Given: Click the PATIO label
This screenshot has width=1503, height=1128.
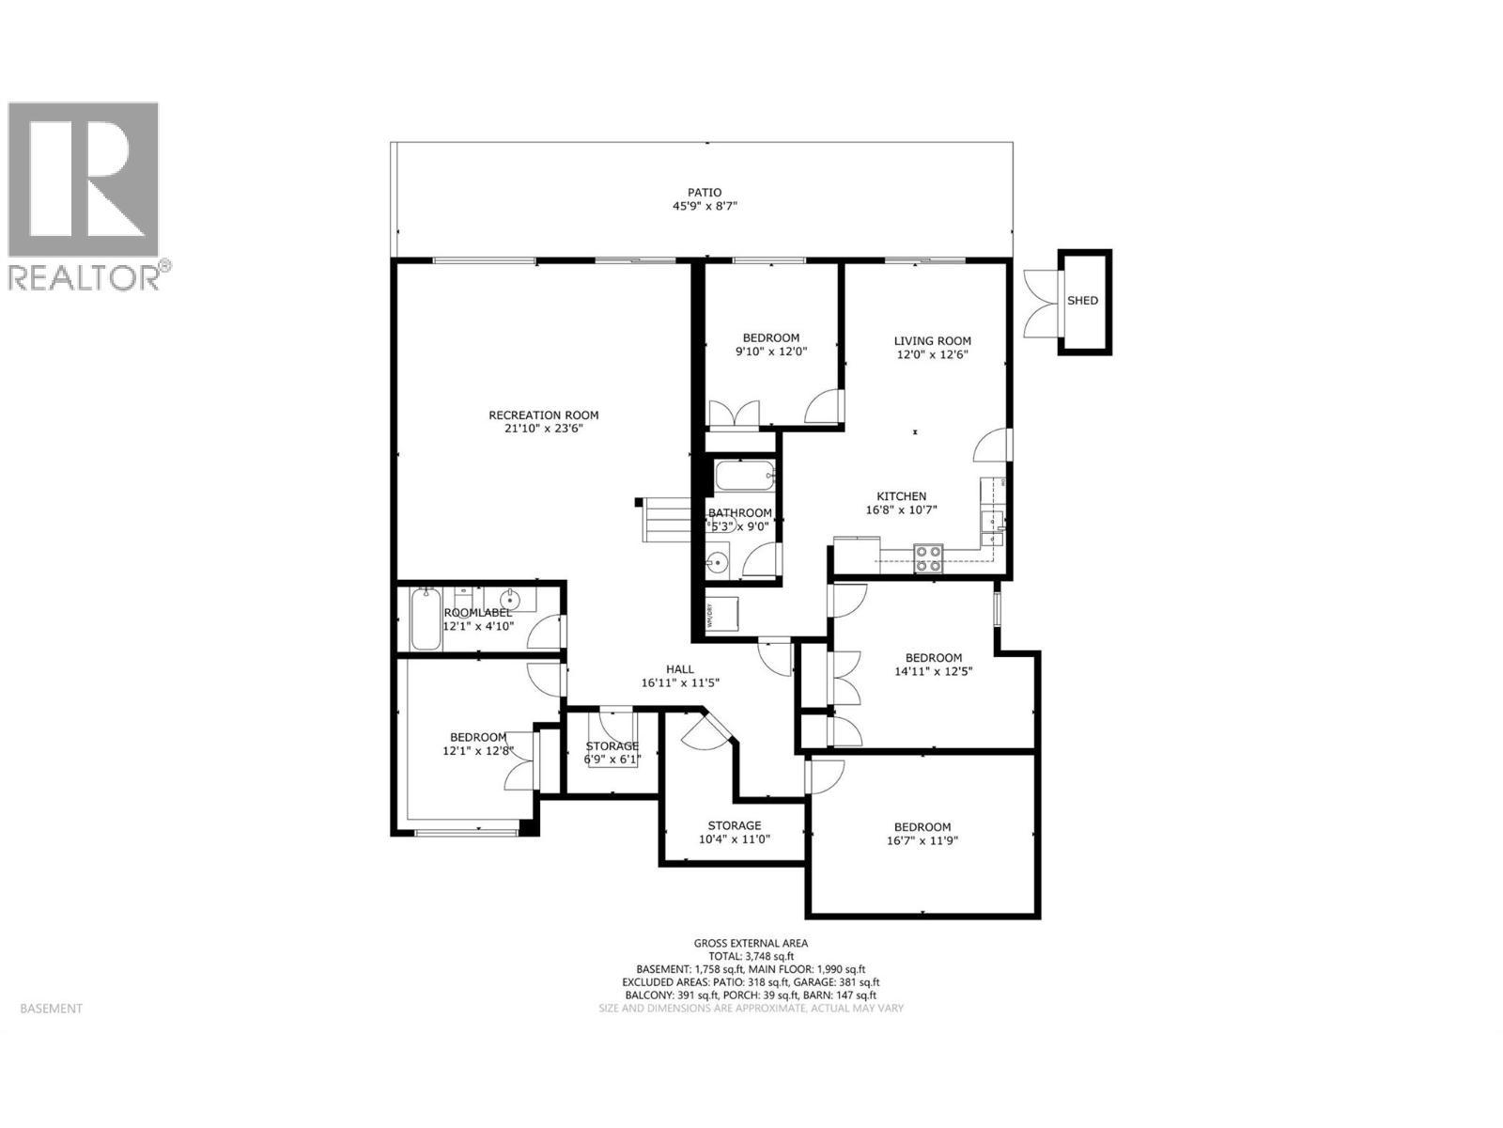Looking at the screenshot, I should (x=704, y=192).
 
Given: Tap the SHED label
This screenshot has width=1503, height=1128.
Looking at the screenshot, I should (x=1082, y=301).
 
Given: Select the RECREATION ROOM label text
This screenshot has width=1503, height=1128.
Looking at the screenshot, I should (x=543, y=415).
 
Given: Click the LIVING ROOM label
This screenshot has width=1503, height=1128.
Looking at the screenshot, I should (x=932, y=341).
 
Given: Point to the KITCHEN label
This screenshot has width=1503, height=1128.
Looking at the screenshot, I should (x=901, y=496).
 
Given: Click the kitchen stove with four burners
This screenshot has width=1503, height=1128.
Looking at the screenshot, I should (x=929, y=559).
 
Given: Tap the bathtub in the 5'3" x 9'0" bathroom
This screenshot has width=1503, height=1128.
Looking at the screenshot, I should (x=745, y=477).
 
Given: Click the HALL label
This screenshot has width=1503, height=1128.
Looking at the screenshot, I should (x=680, y=669).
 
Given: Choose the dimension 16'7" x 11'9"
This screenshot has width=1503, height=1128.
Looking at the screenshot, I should (x=922, y=841).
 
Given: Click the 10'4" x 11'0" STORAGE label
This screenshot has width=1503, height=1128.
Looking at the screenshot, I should (x=734, y=825).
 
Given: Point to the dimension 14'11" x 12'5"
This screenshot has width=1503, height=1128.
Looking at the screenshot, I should (x=933, y=671).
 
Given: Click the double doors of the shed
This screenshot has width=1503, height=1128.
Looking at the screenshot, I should (x=1041, y=301).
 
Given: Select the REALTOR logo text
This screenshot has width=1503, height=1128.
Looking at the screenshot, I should (x=85, y=277).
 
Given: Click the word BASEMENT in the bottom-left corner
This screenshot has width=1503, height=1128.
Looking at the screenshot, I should (x=51, y=1009).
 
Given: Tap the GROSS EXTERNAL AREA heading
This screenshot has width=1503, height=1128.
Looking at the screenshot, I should (x=751, y=943).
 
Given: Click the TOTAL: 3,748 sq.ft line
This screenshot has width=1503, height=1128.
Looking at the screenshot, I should (x=751, y=956).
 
